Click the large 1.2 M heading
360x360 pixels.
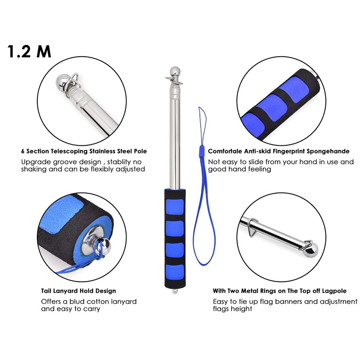29,51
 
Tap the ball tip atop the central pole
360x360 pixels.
174,71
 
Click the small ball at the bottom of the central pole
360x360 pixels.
175,292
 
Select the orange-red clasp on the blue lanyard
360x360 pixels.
202,151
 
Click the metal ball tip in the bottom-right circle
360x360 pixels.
312,249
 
